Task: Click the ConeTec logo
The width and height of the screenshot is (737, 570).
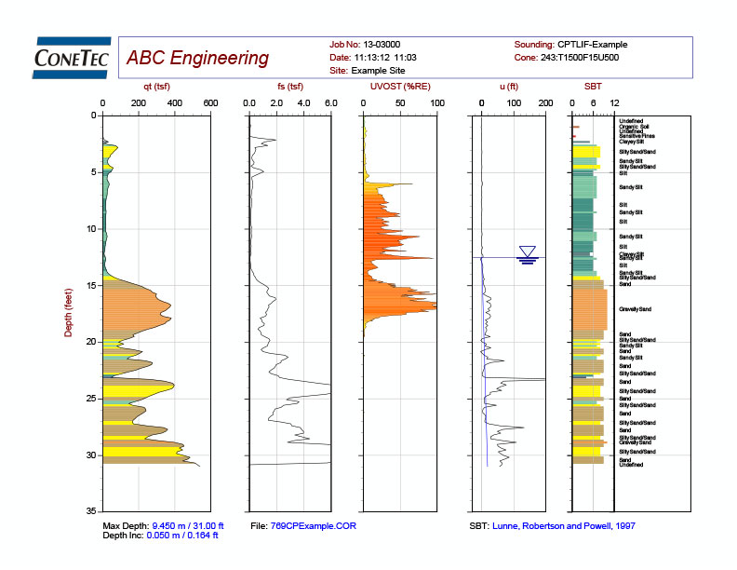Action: pyautogui.click(x=72, y=57)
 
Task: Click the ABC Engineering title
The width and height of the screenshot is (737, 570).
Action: pyautogui.click(x=197, y=59)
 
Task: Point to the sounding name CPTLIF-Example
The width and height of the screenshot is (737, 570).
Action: pyautogui.click(x=593, y=45)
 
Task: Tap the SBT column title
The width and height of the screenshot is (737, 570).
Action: pyautogui.click(x=592, y=87)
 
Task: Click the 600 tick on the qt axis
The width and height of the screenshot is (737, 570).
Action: pyautogui.click(x=210, y=102)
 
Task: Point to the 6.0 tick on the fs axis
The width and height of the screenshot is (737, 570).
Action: pyautogui.click(x=330, y=102)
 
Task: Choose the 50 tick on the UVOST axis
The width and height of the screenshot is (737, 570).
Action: pyautogui.click(x=399, y=102)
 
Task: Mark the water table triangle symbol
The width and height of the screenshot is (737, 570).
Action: pyautogui.click(x=528, y=251)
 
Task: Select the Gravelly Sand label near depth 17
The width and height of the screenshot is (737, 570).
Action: pyautogui.click(x=635, y=309)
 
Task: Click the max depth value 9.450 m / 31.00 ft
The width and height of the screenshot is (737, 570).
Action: pyautogui.click(x=186, y=526)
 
